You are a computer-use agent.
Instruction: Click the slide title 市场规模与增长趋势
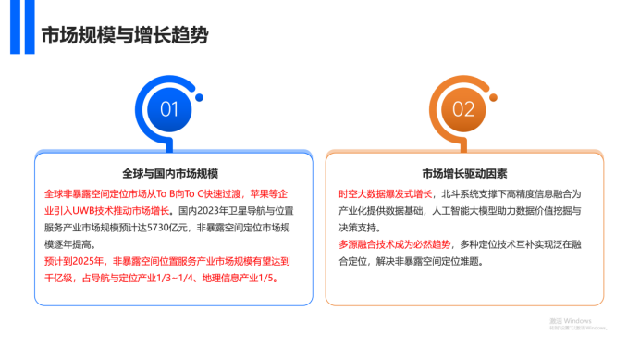point(124,36)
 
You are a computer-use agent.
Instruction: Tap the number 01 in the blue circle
point(170,109)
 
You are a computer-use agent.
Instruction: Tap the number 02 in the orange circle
point(463,109)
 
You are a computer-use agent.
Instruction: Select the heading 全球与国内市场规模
point(170,173)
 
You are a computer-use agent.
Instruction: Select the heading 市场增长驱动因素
point(464,173)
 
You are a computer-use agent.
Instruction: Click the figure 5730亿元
point(184,228)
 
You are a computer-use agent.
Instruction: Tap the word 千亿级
point(59,278)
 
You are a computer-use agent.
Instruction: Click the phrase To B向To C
point(175,194)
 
